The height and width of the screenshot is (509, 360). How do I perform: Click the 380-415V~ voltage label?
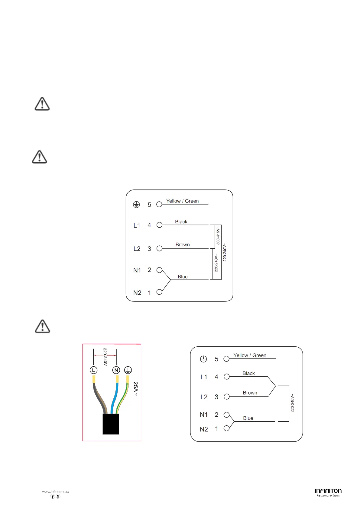tap(218, 236)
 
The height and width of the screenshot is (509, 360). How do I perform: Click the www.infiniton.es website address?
tap(55, 492)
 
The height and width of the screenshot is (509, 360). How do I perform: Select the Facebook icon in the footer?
tap(53, 497)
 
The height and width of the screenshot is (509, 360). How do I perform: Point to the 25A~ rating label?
tap(135, 389)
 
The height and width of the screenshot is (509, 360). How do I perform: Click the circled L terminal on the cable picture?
tap(93, 370)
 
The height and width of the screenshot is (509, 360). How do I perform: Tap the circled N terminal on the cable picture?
tap(116, 370)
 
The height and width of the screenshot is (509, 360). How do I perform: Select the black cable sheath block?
tap(111, 424)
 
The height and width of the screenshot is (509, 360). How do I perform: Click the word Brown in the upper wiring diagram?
tap(183, 245)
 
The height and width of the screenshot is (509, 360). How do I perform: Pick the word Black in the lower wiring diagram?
tap(248, 373)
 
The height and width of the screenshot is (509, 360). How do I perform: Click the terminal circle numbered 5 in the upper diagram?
tap(159, 205)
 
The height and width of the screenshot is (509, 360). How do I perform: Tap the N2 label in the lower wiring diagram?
tap(204, 429)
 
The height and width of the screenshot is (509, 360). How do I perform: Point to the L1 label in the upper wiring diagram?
tap(137, 225)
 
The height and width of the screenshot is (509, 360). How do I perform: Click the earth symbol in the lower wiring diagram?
tap(203, 359)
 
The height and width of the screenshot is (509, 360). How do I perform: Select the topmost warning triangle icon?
tap(42, 104)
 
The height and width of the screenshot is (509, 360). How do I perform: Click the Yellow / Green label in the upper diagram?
tap(183, 201)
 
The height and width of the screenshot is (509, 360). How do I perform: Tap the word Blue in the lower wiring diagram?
tap(248, 418)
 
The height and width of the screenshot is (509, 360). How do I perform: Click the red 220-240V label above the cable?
tap(105, 357)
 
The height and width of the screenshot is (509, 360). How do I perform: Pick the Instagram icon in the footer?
tap(58, 497)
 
